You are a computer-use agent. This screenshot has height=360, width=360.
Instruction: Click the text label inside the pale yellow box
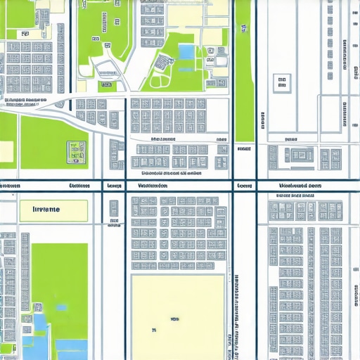coord(46,210)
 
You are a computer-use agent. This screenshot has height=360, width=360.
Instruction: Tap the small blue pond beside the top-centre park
coord(186,51)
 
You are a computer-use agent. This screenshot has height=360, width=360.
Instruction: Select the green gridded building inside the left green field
coord(76,151)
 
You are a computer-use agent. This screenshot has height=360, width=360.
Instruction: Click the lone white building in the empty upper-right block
coord(282,84)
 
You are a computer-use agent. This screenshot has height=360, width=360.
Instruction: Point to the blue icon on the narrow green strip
coord(244,28)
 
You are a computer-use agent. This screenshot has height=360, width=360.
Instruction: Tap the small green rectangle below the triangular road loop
coord(106,86)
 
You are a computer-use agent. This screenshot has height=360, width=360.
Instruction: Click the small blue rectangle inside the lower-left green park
coord(61,308)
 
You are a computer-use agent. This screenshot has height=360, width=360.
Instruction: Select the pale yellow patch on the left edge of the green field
coord(6,152)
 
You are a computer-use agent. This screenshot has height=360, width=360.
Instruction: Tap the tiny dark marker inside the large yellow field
coord(153,328)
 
